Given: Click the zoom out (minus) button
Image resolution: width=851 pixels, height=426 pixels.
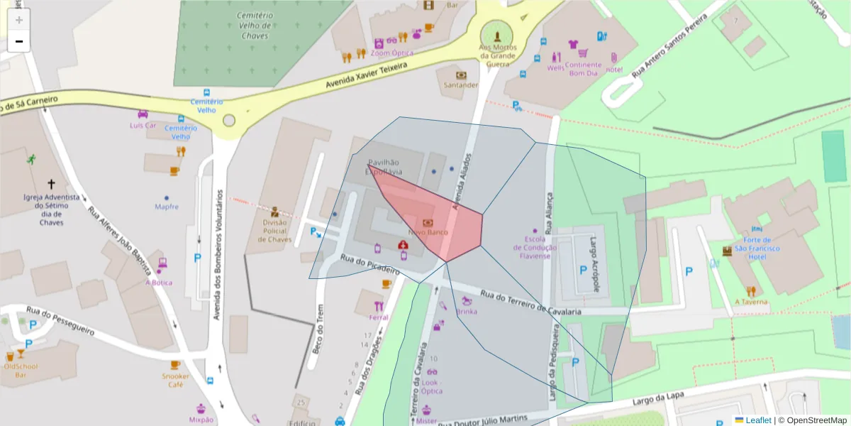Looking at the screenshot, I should [19, 41].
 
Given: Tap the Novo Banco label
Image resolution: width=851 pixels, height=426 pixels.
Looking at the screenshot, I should [428, 232].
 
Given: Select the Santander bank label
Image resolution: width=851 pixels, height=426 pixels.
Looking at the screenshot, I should [461, 85].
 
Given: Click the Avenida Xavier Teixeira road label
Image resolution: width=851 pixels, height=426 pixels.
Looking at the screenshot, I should [367, 75].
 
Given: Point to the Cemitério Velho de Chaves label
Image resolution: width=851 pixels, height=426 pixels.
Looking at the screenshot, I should [255, 26].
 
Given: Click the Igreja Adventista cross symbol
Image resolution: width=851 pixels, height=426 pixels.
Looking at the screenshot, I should [51, 183].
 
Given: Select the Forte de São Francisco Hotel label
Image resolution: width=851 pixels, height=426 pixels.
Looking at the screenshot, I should [757, 248].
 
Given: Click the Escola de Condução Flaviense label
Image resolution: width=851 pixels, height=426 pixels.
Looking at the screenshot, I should [535, 247].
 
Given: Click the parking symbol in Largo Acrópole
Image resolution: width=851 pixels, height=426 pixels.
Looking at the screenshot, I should [583, 270].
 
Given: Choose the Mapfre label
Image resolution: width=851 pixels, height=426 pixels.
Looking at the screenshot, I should [167, 207].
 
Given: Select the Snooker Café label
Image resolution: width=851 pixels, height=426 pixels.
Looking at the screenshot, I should [175, 380].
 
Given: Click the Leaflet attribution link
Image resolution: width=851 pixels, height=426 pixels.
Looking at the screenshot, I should [758, 420].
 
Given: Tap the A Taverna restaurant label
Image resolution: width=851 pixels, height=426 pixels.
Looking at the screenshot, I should [751, 302].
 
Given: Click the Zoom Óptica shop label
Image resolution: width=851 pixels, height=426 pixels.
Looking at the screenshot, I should [392, 53].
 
